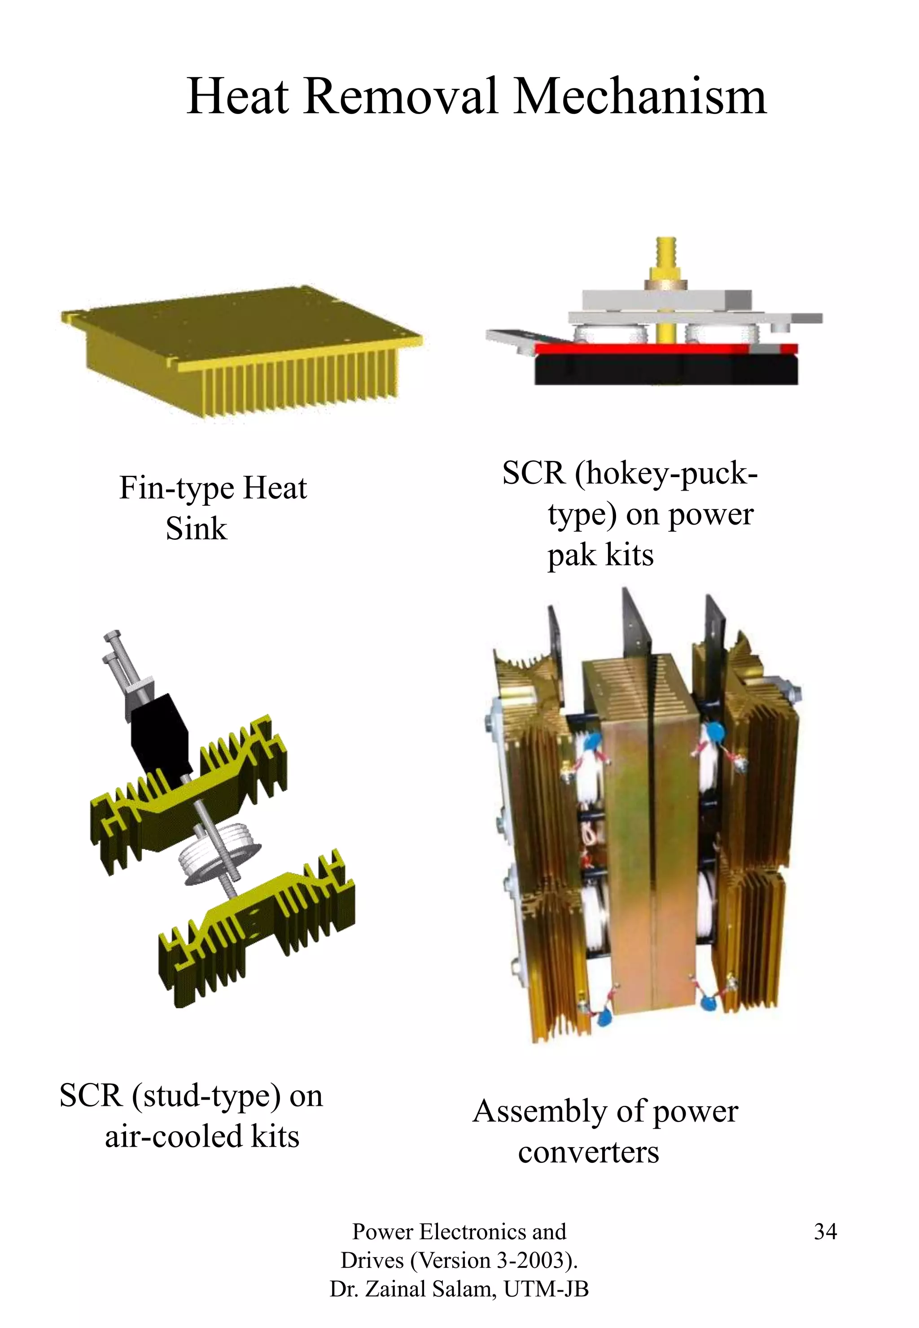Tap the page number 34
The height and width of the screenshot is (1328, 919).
coord(825,1231)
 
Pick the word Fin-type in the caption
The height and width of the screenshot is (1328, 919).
coord(176,488)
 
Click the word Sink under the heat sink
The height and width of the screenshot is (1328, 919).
coord(197,529)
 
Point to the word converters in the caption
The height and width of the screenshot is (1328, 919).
coord(588,1153)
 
